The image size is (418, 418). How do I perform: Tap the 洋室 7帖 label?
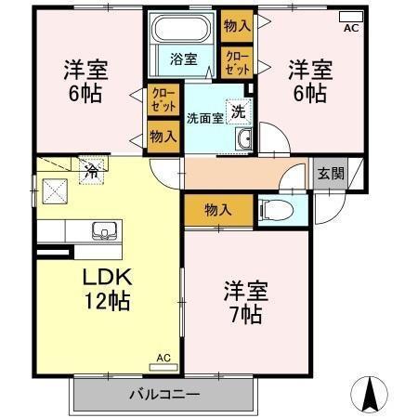[245, 302]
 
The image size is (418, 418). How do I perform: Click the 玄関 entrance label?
[330, 173]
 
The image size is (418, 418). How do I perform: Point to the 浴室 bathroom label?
[182, 59]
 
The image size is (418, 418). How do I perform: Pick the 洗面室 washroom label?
[203, 118]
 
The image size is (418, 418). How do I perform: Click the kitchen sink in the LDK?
[101, 230]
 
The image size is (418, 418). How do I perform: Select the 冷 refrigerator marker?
[92, 170]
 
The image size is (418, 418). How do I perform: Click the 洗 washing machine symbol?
[238, 110]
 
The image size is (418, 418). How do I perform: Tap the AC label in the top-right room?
[350, 29]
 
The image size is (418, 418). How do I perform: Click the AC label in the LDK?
[163, 358]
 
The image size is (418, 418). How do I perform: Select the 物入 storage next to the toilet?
[218, 210]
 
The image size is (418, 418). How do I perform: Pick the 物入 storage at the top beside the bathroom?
[237, 24]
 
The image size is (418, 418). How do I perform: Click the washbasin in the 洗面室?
[245, 139]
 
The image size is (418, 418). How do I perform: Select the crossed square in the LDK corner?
[53, 192]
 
